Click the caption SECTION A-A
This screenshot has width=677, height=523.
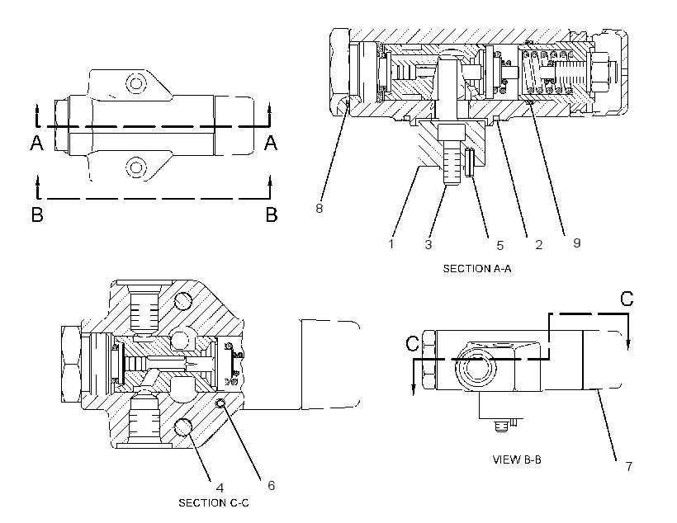coord(477,268)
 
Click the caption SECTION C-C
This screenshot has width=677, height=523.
coord(214,502)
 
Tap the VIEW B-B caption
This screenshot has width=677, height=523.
coord(517,459)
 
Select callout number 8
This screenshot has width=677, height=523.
coord(319,209)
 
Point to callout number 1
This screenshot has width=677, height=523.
coord(391,244)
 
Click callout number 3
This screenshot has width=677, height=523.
coord(428,245)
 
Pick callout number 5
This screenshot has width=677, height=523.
coord(500,246)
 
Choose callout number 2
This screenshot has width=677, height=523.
coord(539,245)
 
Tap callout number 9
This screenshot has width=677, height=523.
coord(577,243)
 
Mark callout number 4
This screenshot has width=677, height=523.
coord(220,488)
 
